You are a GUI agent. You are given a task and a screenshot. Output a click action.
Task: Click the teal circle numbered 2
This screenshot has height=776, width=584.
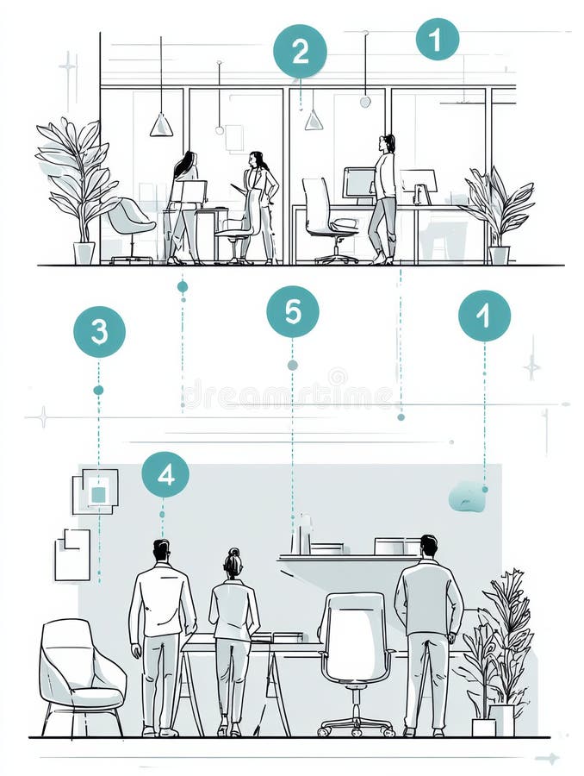[300, 52]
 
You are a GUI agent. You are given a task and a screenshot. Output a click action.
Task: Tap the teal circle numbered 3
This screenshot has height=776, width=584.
[99, 332]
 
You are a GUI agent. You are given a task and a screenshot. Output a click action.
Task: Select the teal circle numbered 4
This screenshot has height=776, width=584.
[165, 474]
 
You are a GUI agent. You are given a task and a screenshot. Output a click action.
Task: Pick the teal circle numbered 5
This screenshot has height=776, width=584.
[293, 311]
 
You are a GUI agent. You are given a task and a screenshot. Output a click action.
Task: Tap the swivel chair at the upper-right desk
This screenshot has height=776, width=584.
[326, 220]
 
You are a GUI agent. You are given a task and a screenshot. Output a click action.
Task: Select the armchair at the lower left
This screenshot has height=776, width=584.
[80, 673]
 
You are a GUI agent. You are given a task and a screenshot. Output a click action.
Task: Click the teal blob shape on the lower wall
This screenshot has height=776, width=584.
[467, 496]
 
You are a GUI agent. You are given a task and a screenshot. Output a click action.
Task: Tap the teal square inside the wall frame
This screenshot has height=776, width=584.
[99, 494]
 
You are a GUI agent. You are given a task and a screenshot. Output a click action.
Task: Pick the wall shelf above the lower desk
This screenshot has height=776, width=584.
[345, 558]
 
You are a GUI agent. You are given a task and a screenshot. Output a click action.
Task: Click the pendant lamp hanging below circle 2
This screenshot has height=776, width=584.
[314, 120]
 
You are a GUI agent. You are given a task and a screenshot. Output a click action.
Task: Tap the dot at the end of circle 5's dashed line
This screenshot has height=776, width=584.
[293, 365]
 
